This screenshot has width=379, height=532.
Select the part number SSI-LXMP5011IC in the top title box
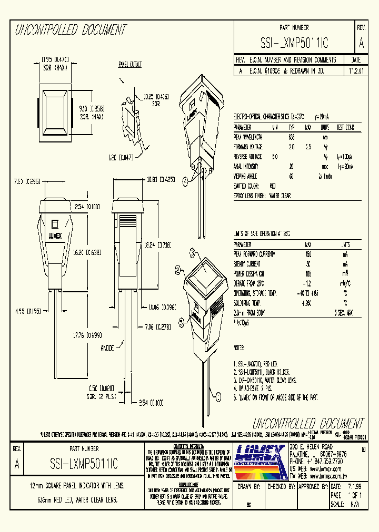(294, 43)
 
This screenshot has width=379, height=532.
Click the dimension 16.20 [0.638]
(88, 252)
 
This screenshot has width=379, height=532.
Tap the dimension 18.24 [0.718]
(157, 245)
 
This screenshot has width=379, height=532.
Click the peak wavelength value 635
(291, 137)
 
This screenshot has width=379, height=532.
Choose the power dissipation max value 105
(308, 274)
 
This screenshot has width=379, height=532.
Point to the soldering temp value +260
(307, 303)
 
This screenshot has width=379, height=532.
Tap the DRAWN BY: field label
(250, 487)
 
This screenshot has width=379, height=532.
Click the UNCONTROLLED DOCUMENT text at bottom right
(308, 424)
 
